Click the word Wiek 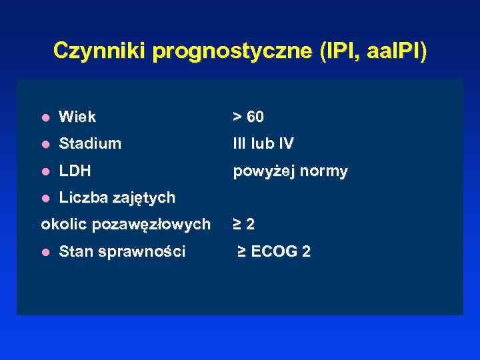(77, 117)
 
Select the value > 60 (248, 117)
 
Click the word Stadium (90, 144)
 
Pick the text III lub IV (263, 144)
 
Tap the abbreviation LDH (75, 171)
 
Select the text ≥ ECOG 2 (274, 252)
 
